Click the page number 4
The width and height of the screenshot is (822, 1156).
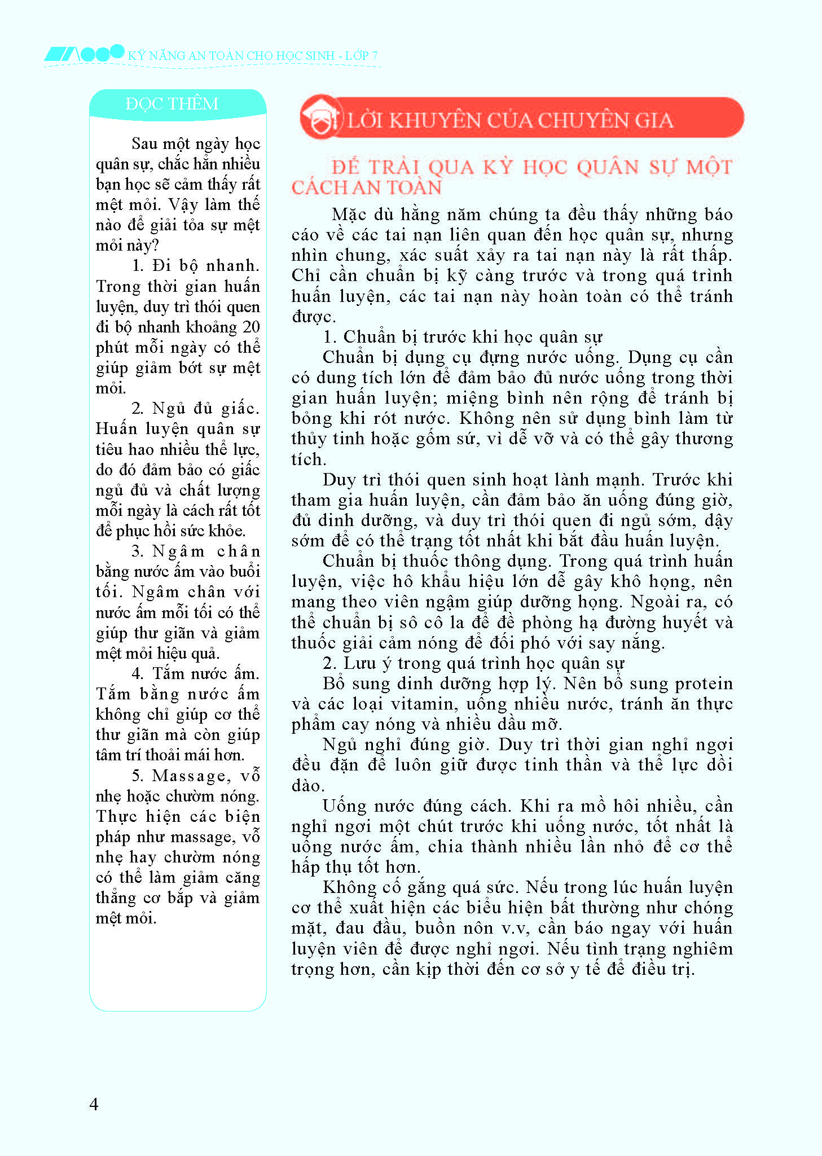94,1104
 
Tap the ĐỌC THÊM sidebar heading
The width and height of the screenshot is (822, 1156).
172,104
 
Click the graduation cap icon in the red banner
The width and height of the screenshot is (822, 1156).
320,117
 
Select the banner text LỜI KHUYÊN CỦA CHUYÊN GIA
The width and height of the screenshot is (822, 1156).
510,120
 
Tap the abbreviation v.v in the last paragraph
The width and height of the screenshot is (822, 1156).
514,928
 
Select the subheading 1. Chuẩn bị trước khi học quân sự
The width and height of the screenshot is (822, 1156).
463,337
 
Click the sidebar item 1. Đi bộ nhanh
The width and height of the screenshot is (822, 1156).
195,265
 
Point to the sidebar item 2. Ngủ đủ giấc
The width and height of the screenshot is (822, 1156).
195,408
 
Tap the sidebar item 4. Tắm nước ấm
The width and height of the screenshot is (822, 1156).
195,673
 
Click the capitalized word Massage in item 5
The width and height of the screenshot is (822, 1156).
188,776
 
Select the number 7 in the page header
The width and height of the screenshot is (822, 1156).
375,55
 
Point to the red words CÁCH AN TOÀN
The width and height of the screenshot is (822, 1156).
367,188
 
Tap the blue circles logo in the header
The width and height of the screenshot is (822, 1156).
102,54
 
